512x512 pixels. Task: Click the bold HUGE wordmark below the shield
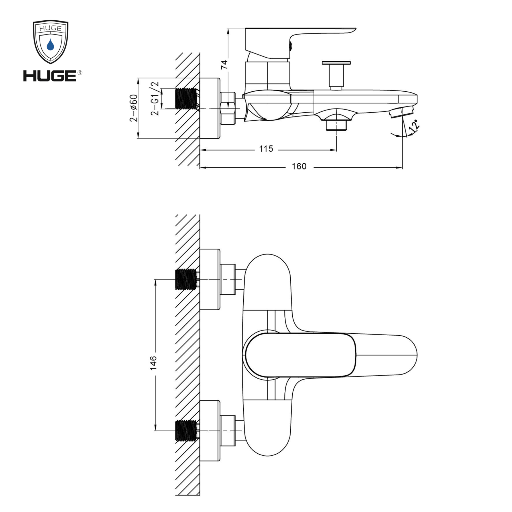click(50, 76)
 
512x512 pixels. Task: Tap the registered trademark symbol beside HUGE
click(80, 73)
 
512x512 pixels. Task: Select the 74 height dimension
click(224, 65)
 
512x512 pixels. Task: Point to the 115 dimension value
click(266, 149)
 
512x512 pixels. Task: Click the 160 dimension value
click(299, 166)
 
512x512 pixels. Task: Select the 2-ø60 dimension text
click(134, 108)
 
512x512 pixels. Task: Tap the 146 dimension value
click(153, 363)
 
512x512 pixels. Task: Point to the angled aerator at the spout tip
click(401, 112)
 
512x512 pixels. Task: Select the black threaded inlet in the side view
click(186, 98)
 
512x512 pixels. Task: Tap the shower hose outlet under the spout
click(336, 125)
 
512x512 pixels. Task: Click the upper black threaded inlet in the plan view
click(186, 279)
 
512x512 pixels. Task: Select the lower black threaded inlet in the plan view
click(186, 430)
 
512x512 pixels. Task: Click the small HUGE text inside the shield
click(50, 28)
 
